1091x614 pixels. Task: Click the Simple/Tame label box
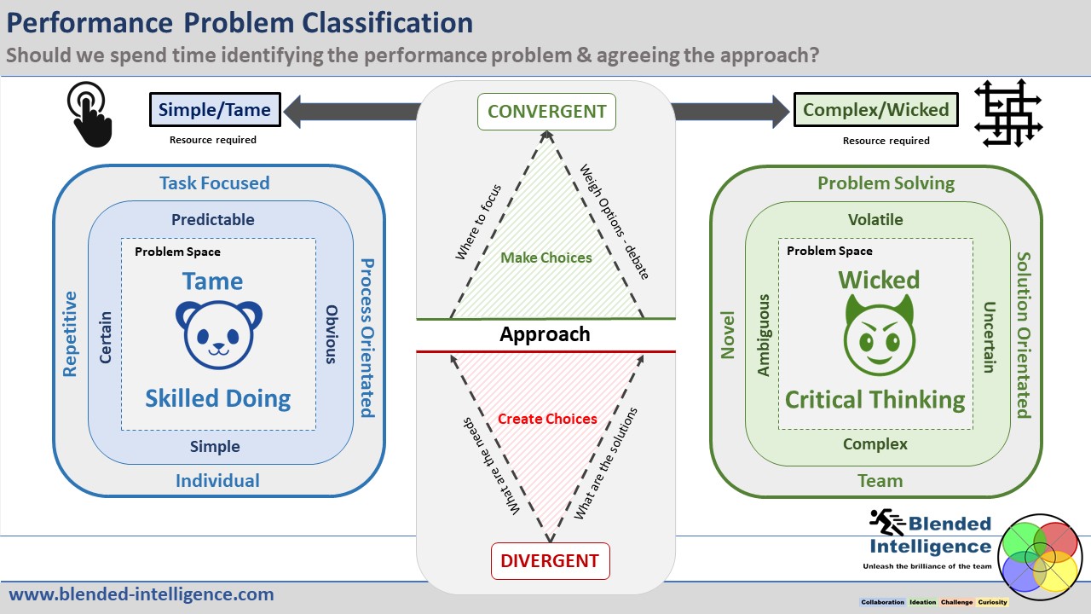pyautogui.click(x=214, y=109)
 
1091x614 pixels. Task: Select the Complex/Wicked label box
pyautogui.click(x=875, y=109)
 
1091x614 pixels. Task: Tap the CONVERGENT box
pyautogui.click(x=546, y=112)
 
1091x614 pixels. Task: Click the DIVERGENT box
pyautogui.click(x=550, y=561)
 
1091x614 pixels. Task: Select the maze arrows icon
pyautogui.click(x=1008, y=113)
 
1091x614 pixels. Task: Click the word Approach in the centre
pyautogui.click(x=545, y=334)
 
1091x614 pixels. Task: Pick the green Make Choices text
pyautogui.click(x=546, y=258)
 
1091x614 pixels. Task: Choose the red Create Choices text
pyautogui.click(x=547, y=419)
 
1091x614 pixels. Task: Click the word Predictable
pyautogui.click(x=213, y=219)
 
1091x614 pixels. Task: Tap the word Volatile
pyautogui.click(x=875, y=219)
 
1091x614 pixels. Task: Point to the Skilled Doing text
pyautogui.click(x=218, y=398)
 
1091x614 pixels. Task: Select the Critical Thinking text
pyautogui.click(x=875, y=399)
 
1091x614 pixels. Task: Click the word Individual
pyautogui.click(x=217, y=480)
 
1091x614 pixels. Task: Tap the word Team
pyautogui.click(x=880, y=480)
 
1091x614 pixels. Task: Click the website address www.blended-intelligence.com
pyautogui.click(x=141, y=594)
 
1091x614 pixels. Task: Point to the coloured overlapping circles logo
pyautogui.click(x=1038, y=553)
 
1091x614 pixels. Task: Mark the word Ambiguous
pyautogui.click(x=764, y=335)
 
